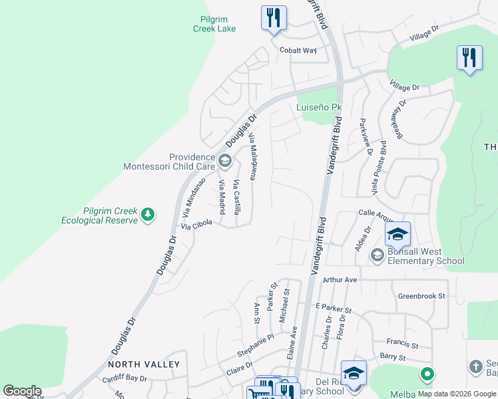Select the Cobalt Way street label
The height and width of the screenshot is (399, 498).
click(298, 50)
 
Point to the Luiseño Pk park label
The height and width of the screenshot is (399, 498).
click(319, 107)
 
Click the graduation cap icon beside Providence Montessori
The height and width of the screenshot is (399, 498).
click(225, 160)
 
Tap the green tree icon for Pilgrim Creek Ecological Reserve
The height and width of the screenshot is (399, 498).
click(148, 215)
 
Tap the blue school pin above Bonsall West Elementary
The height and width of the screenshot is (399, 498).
click(397, 234)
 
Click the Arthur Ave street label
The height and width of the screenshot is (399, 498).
click(340, 280)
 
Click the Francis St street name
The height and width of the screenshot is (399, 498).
click(403, 346)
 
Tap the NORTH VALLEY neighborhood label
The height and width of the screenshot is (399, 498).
click(144, 364)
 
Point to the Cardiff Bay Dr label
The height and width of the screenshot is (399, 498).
click(124, 378)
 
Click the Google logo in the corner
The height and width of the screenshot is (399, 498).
click(22, 391)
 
